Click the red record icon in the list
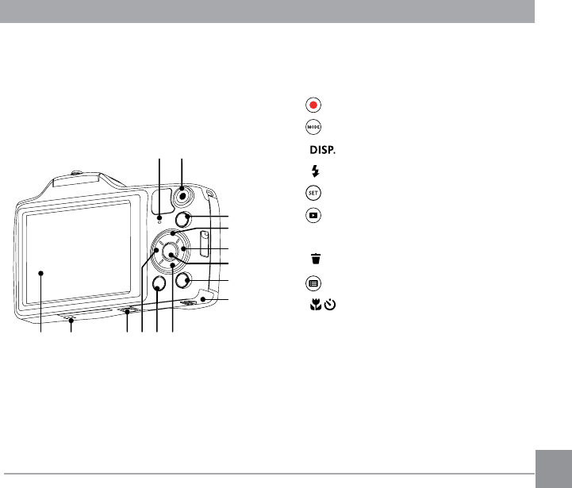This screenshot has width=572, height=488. tap(313, 105)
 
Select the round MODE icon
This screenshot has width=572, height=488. tap(313, 127)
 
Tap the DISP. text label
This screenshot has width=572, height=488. tap(322, 150)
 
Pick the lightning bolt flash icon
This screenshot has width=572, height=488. tap(316, 171)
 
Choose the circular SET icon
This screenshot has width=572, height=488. tap(313, 193)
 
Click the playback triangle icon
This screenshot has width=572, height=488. tap(313, 215)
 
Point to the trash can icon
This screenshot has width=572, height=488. tap(316, 259)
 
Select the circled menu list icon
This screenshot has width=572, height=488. tap(313, 283)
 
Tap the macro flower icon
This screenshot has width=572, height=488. tap(316, 305)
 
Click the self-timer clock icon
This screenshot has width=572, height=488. tap(330, 305)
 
